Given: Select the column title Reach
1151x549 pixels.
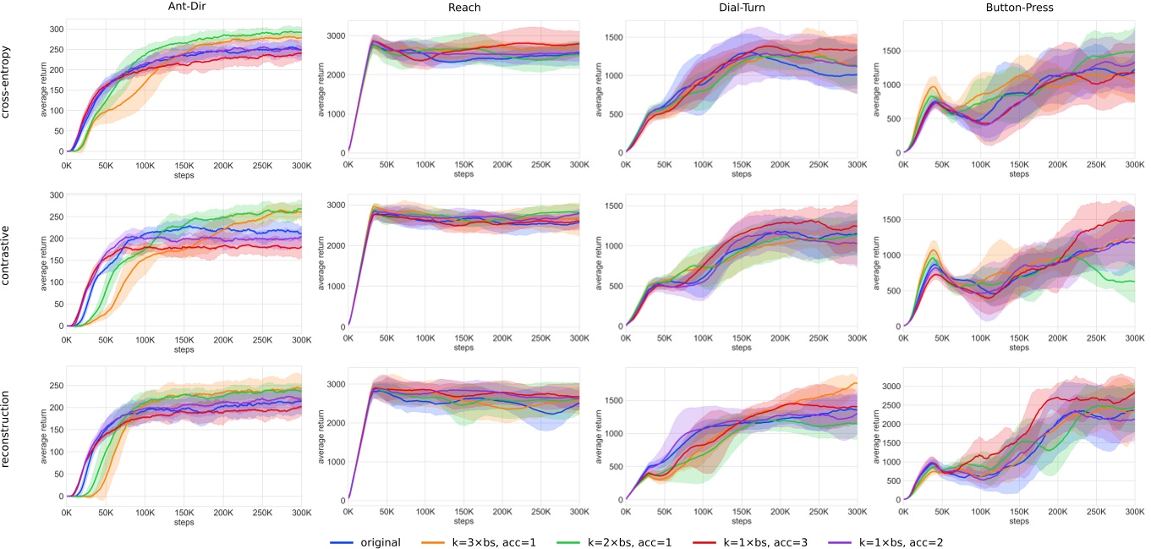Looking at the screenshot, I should coord(463,7).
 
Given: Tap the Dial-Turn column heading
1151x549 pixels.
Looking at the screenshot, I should coord(741,7).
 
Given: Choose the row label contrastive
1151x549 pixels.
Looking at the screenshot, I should coord(8,261).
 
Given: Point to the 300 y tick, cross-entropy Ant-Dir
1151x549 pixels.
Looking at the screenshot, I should coord(55,30).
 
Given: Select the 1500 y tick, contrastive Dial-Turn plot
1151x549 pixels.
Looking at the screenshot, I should coord(610,206).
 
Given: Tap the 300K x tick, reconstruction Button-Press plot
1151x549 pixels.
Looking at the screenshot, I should coord(1134,512).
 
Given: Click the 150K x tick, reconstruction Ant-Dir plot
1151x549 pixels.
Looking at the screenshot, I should coord(184,512).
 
